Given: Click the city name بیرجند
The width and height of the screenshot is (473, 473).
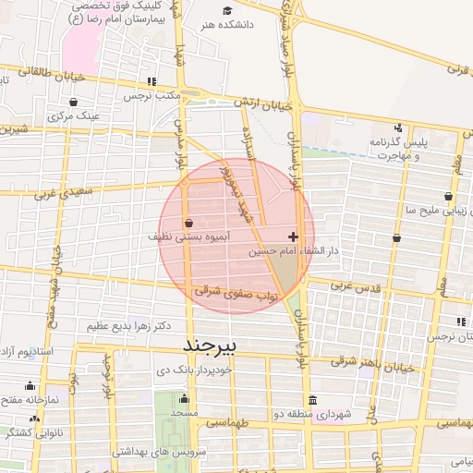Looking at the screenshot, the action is (212, 344).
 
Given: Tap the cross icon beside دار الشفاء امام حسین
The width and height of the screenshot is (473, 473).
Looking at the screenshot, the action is (294, 236).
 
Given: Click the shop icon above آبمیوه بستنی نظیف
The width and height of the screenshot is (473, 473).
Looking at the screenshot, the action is (188, 223).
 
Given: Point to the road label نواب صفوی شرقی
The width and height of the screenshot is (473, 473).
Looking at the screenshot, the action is (223, 290).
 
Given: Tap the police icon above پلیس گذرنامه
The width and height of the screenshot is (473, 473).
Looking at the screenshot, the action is (397, 127).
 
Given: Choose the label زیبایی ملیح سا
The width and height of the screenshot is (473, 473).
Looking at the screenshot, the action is (429, 211).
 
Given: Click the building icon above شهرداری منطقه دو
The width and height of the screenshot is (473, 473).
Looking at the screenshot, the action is (312, 400).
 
